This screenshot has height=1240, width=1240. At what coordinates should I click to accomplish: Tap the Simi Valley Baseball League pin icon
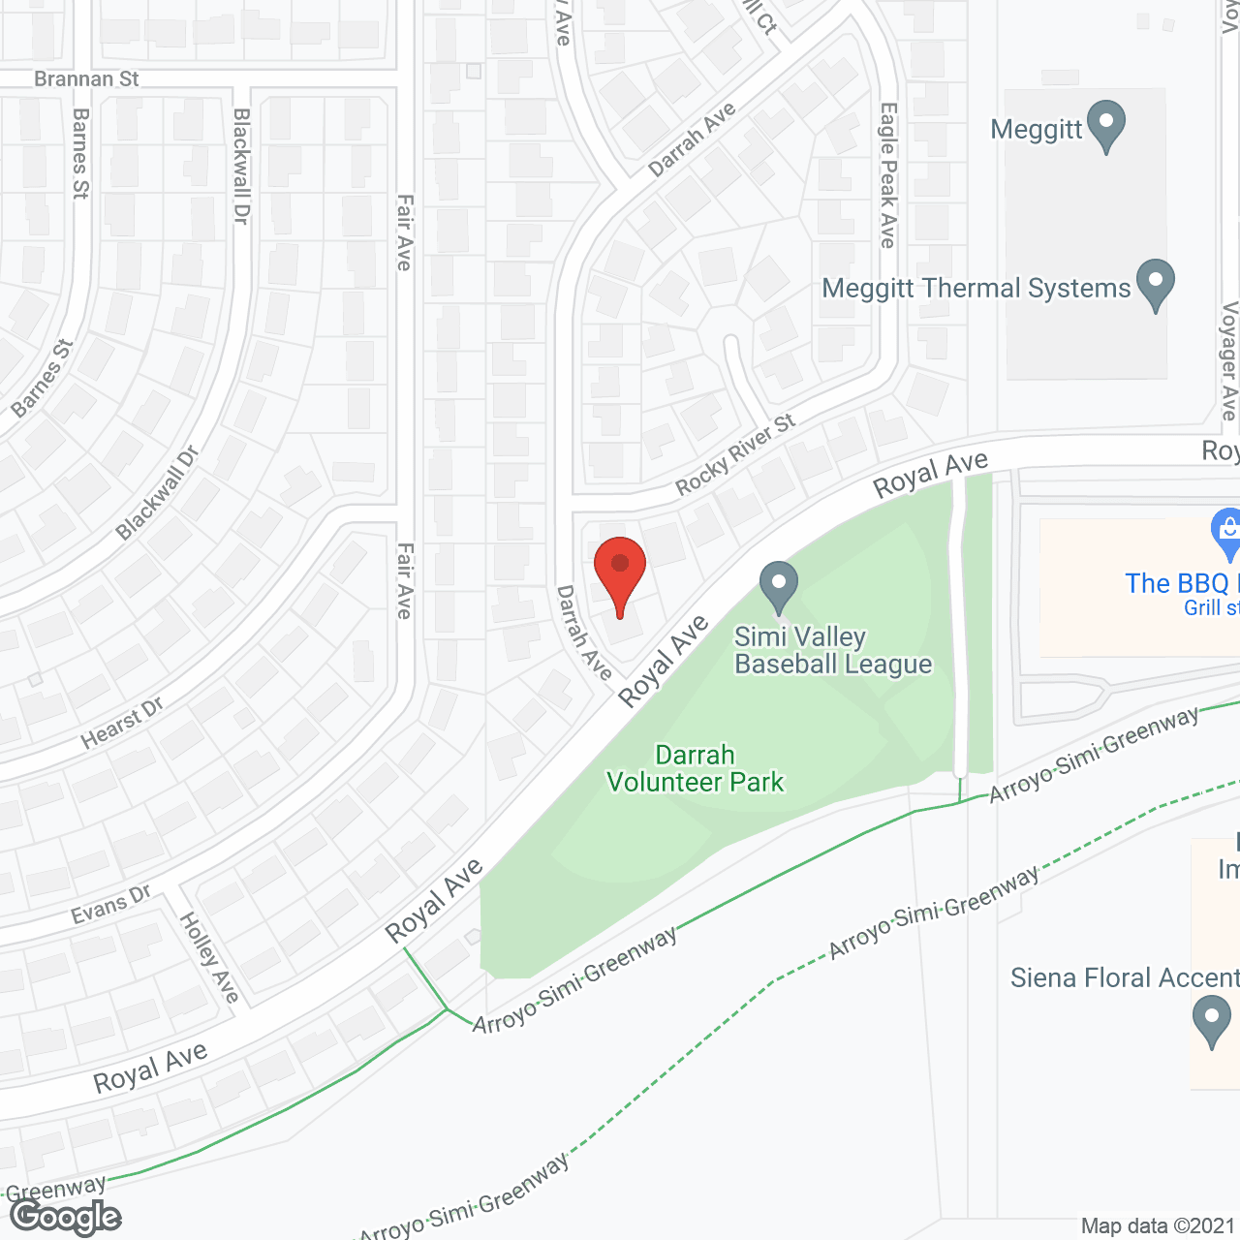click(x=778, y=585)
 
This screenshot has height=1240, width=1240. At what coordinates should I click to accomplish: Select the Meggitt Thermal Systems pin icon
click(x=1155, y=284)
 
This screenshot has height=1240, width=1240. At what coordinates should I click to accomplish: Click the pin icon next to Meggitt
click(x=1105, y=125)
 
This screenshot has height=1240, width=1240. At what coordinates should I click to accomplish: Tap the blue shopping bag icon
click(x=1227, y=533)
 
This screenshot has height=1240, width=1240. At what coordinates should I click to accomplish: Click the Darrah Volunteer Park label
click(x=695, y=768)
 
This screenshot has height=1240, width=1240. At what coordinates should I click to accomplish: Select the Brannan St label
click(x=86, y=78)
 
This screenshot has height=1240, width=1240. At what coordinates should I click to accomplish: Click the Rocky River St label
click(x=735, y=453)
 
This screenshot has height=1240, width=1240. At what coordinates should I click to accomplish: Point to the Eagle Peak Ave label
click(x=887, y=175)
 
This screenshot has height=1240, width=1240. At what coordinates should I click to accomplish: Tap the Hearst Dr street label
click(x=122, y=723)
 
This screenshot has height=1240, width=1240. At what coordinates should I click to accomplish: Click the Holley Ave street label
click(x=209, y=957)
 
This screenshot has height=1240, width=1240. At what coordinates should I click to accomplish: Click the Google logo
click(x=66, y=1217)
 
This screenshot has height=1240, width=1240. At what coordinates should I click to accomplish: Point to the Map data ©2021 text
click(x=1158, y=1226)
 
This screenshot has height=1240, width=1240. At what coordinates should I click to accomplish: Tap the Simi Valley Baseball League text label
click(x=832, y=650)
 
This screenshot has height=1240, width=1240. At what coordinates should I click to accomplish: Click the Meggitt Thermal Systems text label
click(x=976, y=289)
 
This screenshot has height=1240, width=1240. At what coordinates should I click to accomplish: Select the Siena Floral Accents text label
click(x=1124, y=978)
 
